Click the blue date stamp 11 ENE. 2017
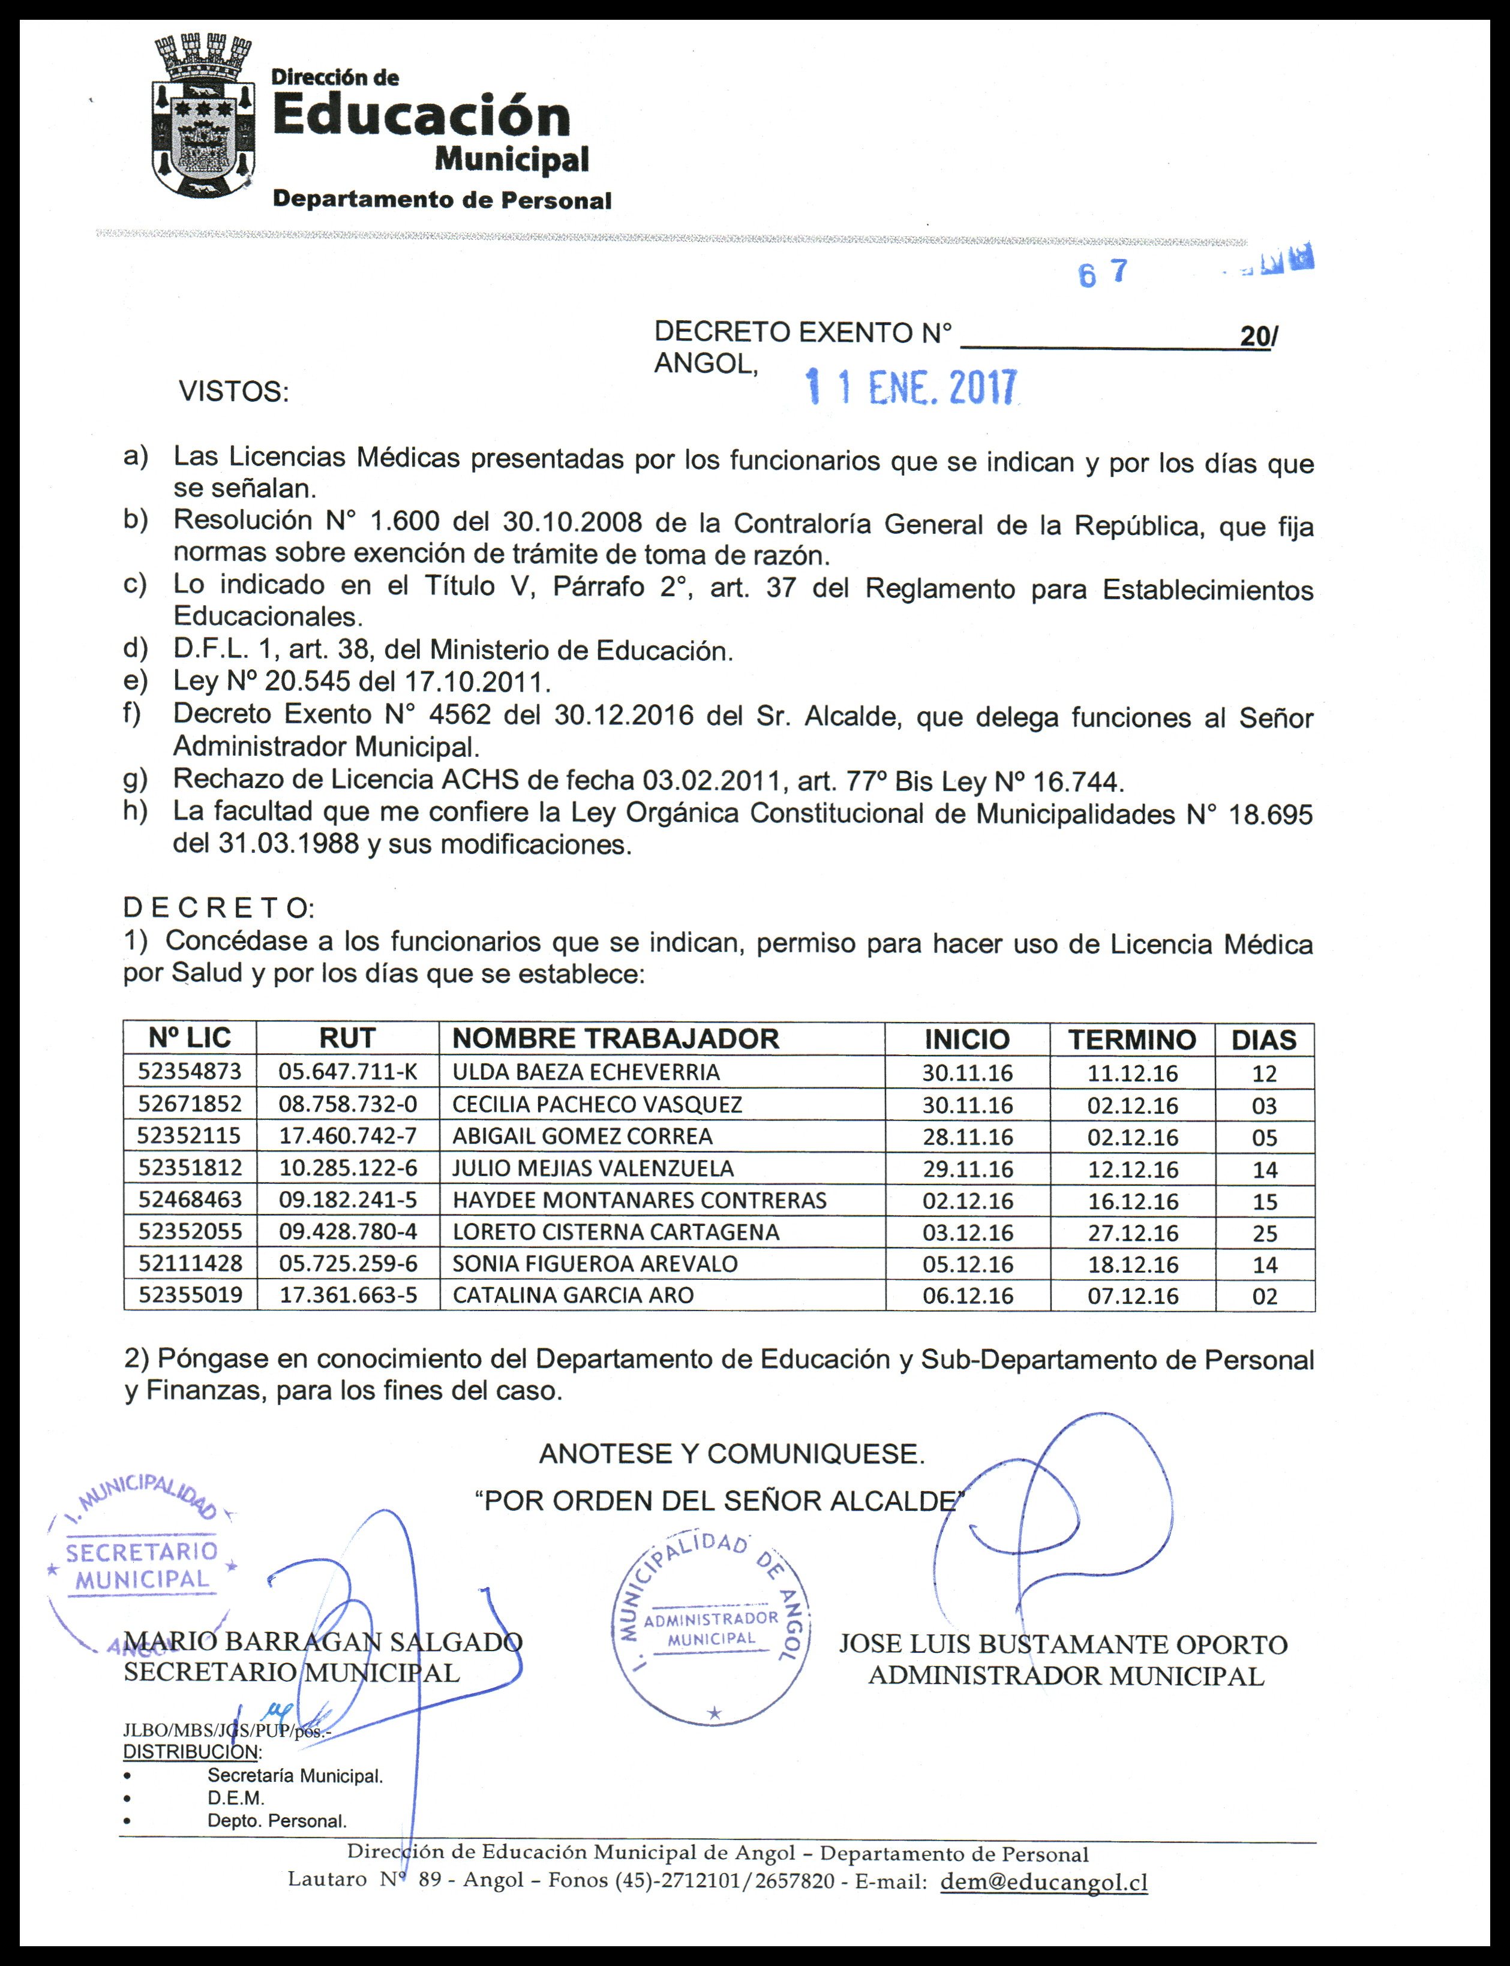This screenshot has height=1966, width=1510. pos(912,387)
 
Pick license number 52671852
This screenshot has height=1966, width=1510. pos(190,1104)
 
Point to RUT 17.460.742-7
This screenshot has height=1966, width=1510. pos(348,1136)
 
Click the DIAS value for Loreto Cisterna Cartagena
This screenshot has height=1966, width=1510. pos(1265,1232)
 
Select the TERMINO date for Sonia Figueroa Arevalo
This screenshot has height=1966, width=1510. pos(1133,1264)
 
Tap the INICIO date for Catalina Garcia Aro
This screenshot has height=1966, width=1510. pos(967,1295)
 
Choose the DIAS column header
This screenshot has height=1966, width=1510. pos(1263,1039)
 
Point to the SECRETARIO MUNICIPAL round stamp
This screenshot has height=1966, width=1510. pos(141,1568)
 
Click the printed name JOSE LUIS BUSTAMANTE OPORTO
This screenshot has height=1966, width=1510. pos(1063,1645)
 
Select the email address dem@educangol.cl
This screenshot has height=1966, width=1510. pos(1043,1883)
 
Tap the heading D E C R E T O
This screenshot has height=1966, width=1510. pos(218,907)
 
